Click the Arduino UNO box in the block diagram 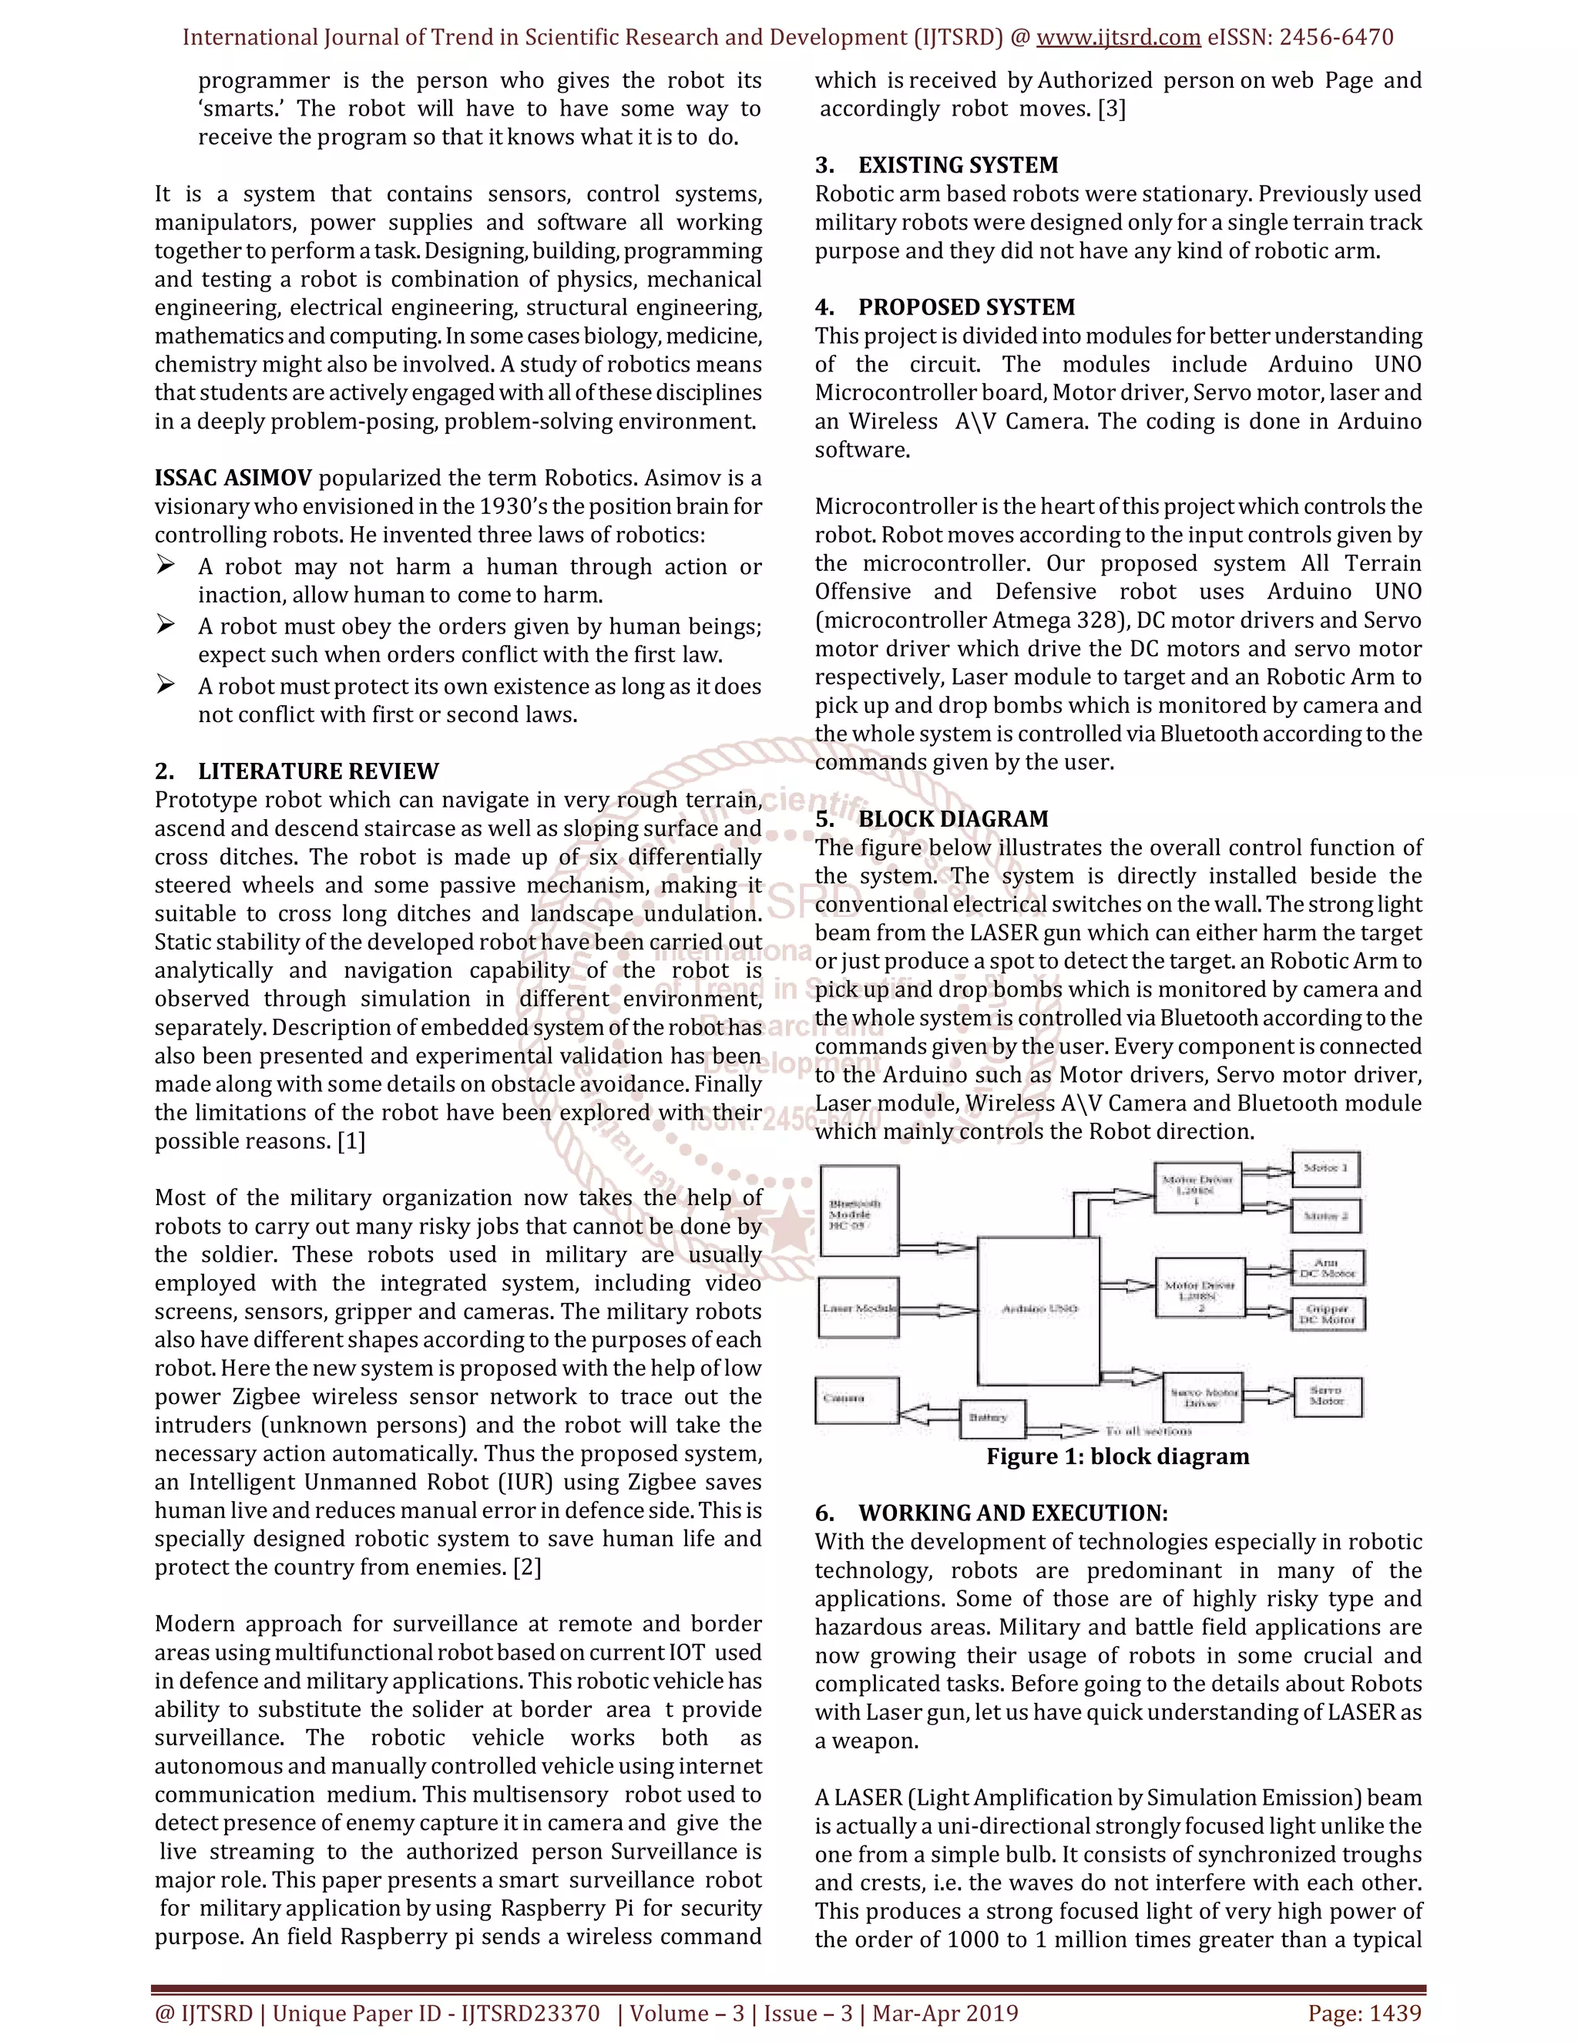1039,1309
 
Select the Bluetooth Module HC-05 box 858,1212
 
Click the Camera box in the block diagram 855,1399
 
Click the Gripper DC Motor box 1328,1315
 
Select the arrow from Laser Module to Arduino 938,1310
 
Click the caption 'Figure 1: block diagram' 1117,1456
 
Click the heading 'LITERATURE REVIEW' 318,771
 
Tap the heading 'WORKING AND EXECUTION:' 1012,1513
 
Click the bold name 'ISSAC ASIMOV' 233,479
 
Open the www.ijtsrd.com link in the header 1118,38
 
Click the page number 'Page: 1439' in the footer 1364,2013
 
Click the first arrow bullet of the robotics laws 166,566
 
